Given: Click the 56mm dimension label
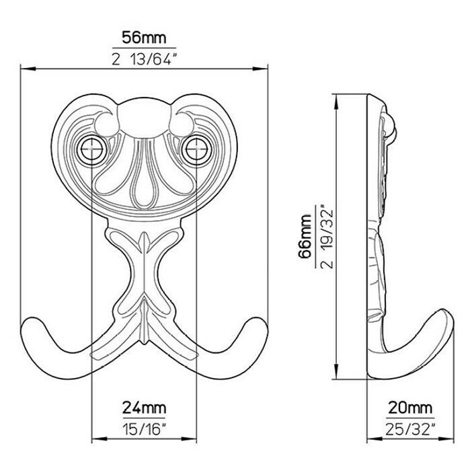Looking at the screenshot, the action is [x=144, y=38].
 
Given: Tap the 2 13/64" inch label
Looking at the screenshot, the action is [x=143, y=59].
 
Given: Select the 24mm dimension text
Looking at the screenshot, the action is [x=144, y=407].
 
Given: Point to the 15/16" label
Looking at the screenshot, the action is [x=144, y=429].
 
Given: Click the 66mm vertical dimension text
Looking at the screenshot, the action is [x=305, y=235].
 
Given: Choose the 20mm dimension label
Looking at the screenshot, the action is [x=410, y=407].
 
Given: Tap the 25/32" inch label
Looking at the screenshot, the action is [x=410, y=429].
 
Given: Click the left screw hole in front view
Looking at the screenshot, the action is [x=91, y=149].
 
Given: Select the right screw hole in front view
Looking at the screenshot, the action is [x=196, y=149].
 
